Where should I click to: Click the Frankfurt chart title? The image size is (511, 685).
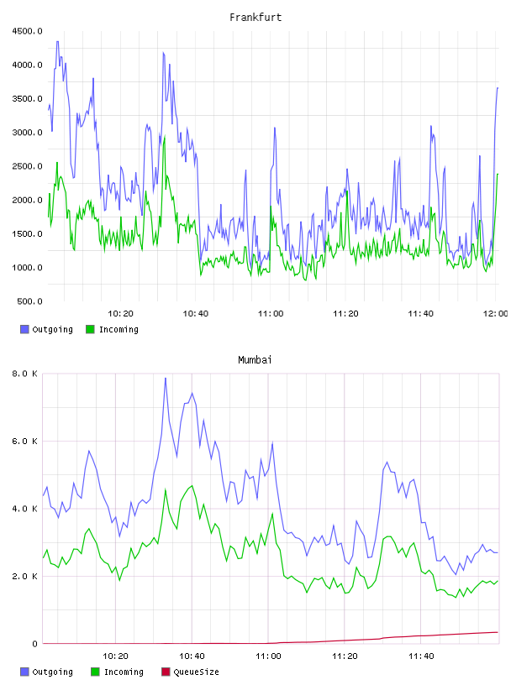tap(255, 18)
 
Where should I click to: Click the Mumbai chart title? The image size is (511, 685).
tap(255, 360)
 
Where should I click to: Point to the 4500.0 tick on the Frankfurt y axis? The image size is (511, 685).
tap(27, 31)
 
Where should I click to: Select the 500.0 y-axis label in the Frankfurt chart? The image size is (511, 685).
tap(29, 301)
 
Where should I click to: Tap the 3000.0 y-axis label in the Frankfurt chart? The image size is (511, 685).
tap(27, 133)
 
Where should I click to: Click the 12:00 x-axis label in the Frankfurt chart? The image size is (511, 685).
tap(495, 314)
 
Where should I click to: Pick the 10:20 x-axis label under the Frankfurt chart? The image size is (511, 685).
tap(120, 314)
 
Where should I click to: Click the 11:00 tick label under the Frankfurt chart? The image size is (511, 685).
tap(271, 314)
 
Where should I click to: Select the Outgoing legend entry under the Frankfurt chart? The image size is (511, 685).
tap(46, 329)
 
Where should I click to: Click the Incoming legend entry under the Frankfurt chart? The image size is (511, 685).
tap(112, 329)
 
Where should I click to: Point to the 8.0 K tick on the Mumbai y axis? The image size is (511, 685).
tap(24, 374)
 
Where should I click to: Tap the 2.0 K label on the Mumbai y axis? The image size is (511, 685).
tap(24, 576)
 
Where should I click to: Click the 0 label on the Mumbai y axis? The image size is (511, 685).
tap(35, 644)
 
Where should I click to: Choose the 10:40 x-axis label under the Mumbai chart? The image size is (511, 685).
tap(192, 656)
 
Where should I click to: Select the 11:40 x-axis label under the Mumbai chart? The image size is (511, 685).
tap(421, 656)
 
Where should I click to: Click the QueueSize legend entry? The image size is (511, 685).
tap(190, 672)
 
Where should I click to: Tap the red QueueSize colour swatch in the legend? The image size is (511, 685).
tap(166, 672)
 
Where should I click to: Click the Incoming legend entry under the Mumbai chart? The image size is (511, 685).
tap(117, 672)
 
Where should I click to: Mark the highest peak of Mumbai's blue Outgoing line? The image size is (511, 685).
tap(166, 379)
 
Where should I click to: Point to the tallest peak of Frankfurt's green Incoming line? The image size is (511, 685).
tap(165, 136)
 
